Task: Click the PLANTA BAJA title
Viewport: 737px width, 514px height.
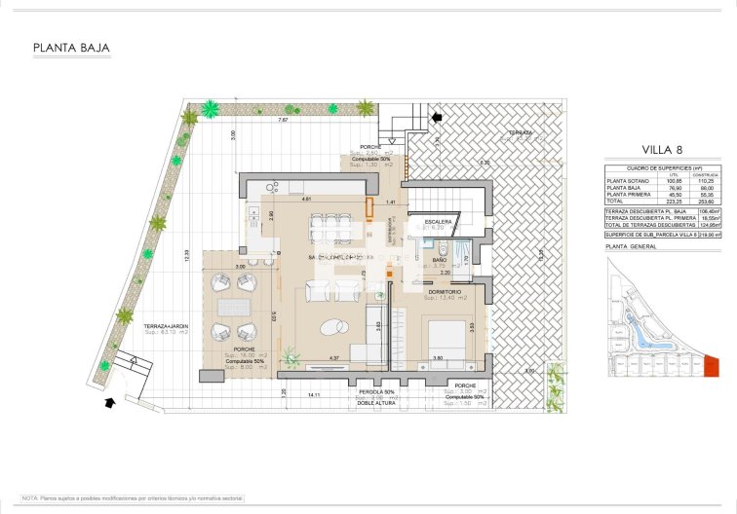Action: [71, 47]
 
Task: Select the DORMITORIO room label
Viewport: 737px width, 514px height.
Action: [445, 290]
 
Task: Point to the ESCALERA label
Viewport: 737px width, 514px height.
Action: [437, 222]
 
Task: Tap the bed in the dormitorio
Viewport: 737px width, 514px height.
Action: [444, 336]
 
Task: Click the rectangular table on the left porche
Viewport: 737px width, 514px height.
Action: [234, 307]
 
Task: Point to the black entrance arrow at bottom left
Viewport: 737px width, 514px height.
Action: [109, 399]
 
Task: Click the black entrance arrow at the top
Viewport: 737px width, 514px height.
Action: [436, 117]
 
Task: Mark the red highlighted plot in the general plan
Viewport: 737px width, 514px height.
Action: [710, 366]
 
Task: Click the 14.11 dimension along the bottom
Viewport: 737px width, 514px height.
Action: [314, 395]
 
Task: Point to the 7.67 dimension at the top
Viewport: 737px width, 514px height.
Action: [283, 120]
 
